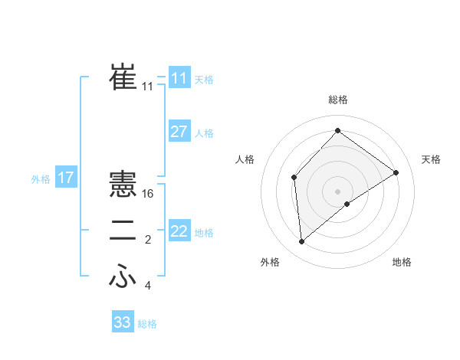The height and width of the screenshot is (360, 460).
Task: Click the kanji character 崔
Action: [x=123, y=77]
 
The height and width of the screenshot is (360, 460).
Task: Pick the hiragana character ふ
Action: [x=123, y=277]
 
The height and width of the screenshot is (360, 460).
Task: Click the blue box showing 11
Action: [x=179, y=77]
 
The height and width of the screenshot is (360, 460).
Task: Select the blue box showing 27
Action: [x=179, y=132]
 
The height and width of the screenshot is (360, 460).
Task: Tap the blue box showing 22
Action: [x=179, y=231]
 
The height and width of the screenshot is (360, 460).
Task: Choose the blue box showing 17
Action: [x=66, y=178]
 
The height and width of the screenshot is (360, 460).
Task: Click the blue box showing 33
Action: [x=123, y=322]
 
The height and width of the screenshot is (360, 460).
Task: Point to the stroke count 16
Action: [x=148, y=194]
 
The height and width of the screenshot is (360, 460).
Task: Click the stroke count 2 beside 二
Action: [x=148, y=241]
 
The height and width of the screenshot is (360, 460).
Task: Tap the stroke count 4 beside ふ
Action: [x=148, y=286]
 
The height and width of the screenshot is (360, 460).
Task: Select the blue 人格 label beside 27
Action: [x=204, y=133]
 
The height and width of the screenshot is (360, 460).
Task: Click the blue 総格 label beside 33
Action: [x=147, y=324]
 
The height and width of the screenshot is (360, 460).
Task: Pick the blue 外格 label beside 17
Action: [x=41, y=179]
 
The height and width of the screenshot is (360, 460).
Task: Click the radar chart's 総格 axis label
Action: [x=337, y=100]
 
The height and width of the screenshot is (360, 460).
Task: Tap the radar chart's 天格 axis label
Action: [x=431, y=159]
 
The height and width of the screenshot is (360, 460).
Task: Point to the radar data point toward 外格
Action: [x=302, y=241]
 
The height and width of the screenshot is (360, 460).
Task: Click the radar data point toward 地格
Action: [x=347, y=204]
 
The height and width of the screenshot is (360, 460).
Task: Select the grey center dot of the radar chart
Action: [x=337, y=191]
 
